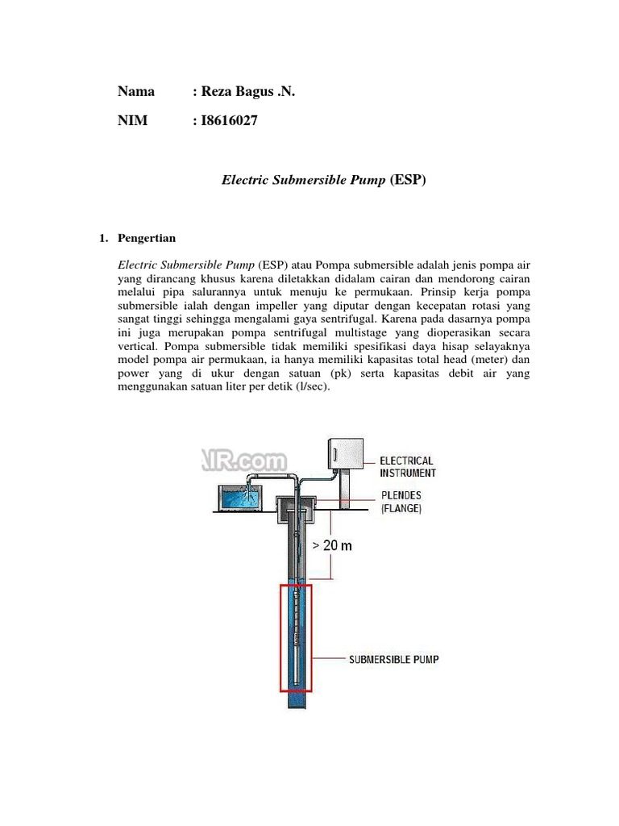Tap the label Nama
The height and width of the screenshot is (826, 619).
(136, 92)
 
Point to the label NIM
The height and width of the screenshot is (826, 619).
(133, 121)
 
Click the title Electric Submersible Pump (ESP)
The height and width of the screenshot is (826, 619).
(323, 180)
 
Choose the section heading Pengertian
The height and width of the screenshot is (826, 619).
(147, 239)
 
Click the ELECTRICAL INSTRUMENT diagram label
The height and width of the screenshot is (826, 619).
(407, 467)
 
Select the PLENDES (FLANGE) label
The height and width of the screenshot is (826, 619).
(400, 502)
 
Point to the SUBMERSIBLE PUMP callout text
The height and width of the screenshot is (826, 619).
(393, 659)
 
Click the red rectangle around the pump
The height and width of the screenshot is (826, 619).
(281, 637)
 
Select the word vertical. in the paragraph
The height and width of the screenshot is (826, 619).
(141, 345)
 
